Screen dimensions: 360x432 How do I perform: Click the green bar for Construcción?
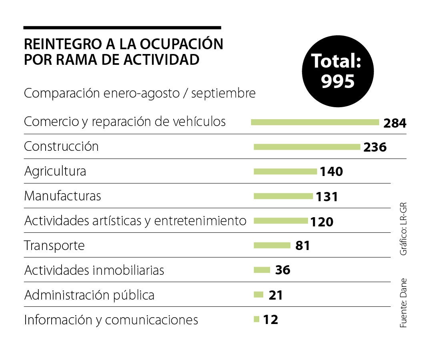[307, 147]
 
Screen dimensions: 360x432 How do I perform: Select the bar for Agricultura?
[285, 172]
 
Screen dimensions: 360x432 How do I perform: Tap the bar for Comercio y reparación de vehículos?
[315, 122]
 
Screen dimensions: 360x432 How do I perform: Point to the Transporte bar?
[272, 245]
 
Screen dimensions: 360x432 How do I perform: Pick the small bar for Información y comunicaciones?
[257, 319]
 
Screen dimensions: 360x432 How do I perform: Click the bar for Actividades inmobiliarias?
[262, 270]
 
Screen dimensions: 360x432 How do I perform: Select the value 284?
[394, 123]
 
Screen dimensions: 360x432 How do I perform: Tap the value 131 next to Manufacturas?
[327, 197]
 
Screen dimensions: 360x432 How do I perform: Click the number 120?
[322, 222]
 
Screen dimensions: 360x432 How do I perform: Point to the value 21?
[276, 296]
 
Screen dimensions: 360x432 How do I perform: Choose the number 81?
[302, 246]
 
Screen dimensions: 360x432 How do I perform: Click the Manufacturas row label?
[62, 196]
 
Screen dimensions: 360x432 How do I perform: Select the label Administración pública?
[89, 295]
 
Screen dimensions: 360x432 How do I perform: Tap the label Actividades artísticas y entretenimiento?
[135, 221]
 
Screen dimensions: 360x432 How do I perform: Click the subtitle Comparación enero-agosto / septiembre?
[140, 93]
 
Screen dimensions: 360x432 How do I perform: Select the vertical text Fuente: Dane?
[403, 303]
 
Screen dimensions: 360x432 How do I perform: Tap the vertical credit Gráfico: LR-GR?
[403, 230]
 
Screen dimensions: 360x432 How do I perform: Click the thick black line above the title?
[122, 28]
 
